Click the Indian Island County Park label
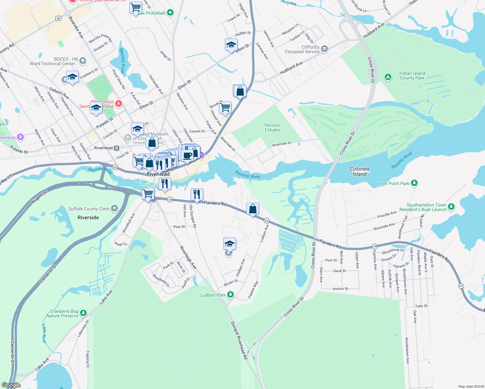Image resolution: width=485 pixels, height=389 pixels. click(412, 76)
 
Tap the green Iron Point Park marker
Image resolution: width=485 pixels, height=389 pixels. click(414, 183)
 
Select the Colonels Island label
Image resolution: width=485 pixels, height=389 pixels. click(359, 171)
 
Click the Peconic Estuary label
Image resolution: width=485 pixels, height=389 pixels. click(272, 127)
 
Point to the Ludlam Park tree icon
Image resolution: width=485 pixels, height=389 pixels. click(231, 294)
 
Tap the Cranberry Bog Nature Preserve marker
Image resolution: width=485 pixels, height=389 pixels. click(83, 313)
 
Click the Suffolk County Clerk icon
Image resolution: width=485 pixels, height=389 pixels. click(114, 208)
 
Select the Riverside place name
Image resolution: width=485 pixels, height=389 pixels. click(88, 218)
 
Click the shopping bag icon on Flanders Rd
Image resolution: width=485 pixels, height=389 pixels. click(253, 209)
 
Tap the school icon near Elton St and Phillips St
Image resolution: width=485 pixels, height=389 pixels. click(231, 45)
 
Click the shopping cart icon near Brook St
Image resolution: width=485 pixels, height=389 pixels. click(225, 107)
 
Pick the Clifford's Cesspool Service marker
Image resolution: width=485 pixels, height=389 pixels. click(325, 49)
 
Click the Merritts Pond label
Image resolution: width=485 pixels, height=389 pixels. click(122, 61)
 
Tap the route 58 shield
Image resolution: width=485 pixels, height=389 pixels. click(58, 18)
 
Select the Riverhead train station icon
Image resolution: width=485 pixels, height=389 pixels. click(116, 148)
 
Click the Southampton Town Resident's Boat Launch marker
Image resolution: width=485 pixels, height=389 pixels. click(451, 206)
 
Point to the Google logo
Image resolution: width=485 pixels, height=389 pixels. click(11, 385)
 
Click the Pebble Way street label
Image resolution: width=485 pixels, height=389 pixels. click(253, 289)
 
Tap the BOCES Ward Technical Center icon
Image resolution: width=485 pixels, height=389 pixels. click(83, 61)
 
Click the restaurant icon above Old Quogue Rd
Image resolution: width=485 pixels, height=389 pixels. click(196, 194)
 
